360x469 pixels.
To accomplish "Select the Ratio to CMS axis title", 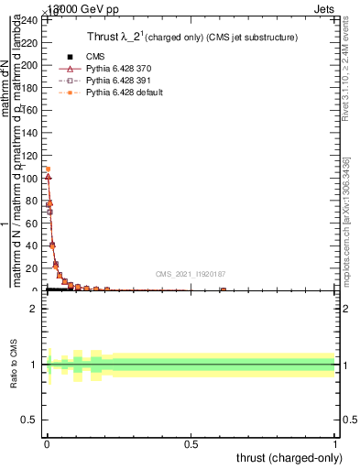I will coord(15,365).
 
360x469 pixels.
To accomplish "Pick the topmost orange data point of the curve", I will coord(48,169).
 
